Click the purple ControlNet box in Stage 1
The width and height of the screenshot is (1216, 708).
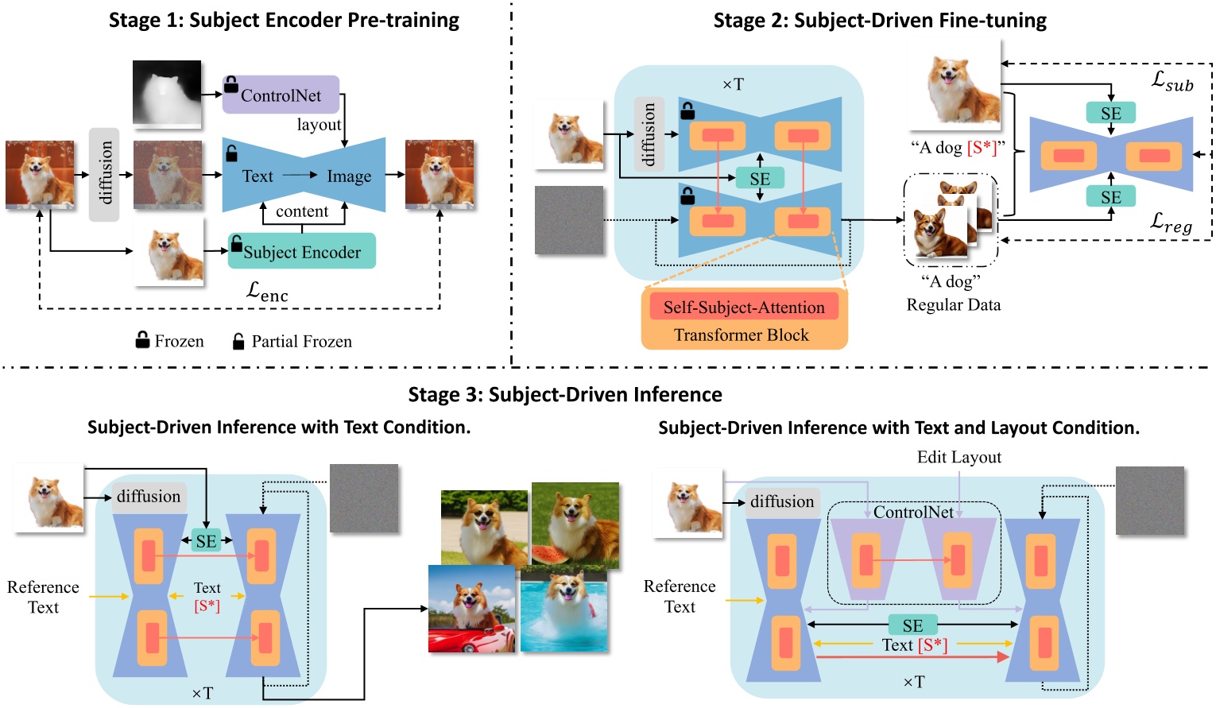point(281,95)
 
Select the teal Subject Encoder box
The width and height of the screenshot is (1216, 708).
point(301,251)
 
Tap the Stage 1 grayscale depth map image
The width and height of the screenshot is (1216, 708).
point(167,94)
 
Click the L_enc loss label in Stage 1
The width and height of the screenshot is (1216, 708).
point(267,292)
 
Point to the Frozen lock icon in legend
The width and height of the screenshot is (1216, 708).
point(142,340)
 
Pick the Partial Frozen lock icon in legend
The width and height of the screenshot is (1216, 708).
point(238,341)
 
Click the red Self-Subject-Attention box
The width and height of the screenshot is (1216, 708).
point(744,307)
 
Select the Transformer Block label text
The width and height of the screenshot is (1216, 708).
point(741,335)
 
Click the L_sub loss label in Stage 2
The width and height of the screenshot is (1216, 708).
point(1172,80)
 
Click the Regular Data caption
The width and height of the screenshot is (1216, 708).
point(953,304)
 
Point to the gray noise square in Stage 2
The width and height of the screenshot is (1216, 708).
point(569,220)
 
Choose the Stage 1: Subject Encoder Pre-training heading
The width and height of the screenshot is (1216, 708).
point(284,20)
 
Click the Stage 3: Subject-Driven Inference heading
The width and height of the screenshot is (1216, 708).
point(565,394)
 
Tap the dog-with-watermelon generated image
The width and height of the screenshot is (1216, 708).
point(575,524)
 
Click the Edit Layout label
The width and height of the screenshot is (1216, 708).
point(958,457)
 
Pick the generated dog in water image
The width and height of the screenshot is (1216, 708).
point(563,611)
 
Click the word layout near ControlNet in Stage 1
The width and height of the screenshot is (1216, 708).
point(319,125)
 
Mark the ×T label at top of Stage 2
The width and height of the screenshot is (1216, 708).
point(733,84)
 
